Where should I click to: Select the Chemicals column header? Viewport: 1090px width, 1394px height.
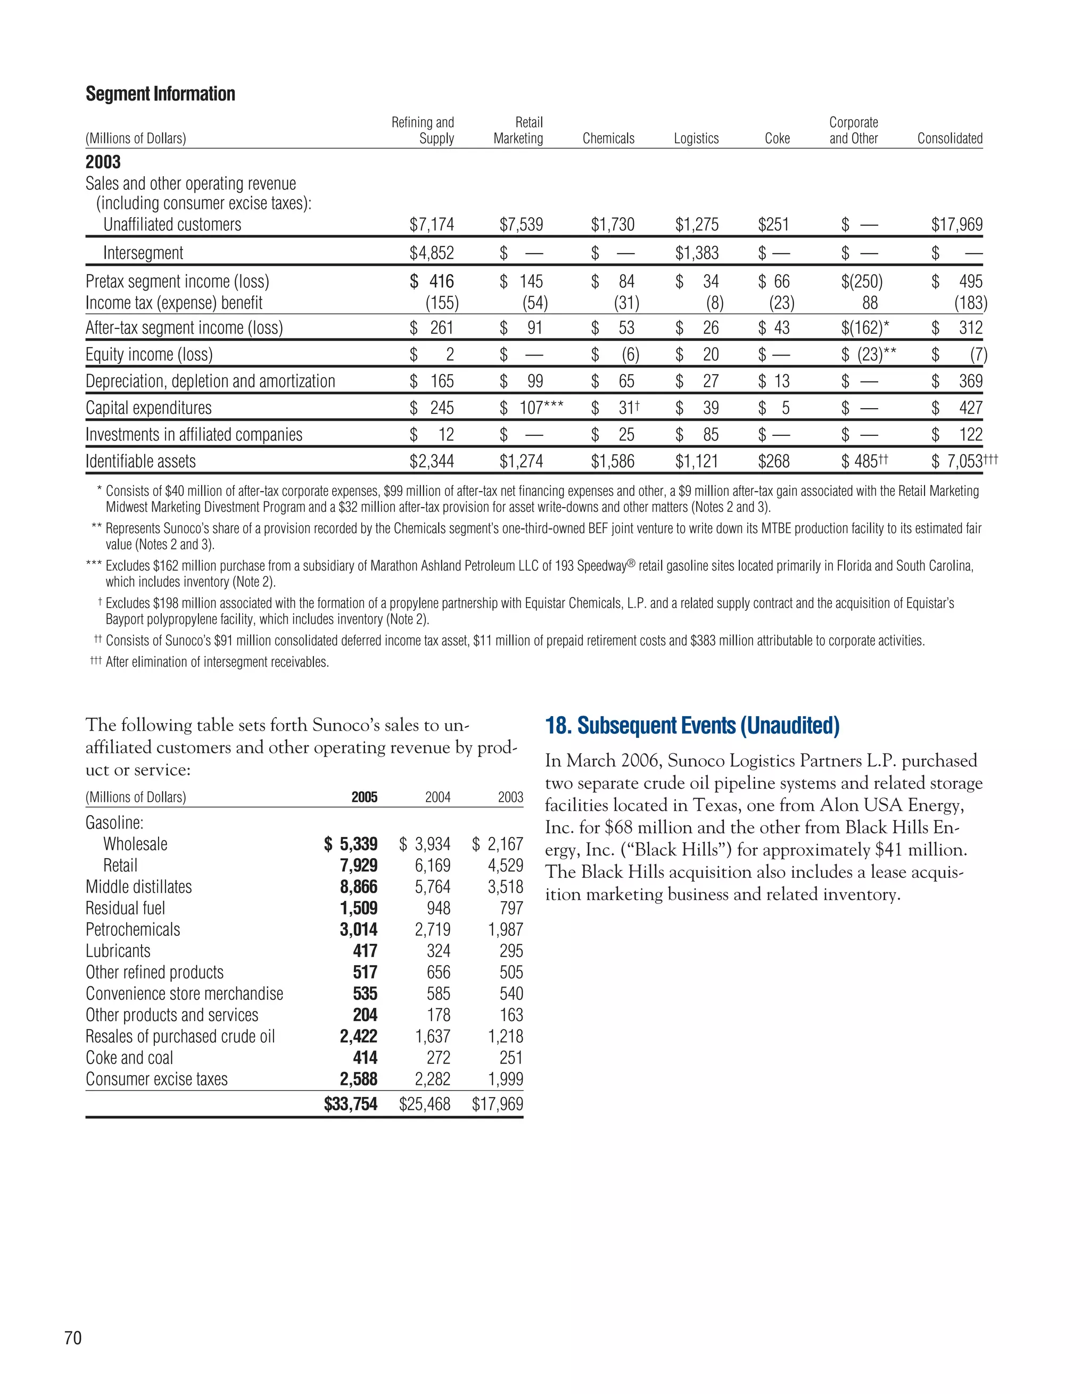pyautogui.click(x=608, y=138)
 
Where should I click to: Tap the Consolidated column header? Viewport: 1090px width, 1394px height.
pyautogui.click(x=949, y=138)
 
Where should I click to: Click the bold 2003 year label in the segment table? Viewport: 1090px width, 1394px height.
pyautogui.click(x=103, y=162)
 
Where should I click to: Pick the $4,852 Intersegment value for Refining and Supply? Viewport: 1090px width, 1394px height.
pyautogui.click(x=432, y=253)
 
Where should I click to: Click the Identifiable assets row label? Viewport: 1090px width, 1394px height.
pyautogui.click(x=141, y=461)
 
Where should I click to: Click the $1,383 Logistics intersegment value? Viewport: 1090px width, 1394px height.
pyautogui.click(x=697, y=253)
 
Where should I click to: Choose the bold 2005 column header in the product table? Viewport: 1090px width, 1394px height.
pyautogui.click(x=364, y=797)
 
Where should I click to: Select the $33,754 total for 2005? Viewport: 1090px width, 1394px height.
pyautogui.click(x=351, y=1104)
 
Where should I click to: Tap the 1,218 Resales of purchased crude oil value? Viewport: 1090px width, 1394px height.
pyautogui.click(x=505, y=1036)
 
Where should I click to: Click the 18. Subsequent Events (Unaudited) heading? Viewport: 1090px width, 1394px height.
pyautogui.click(x=692, y=726)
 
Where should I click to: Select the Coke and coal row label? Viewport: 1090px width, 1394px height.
pyautogui.click(x=129, y=1058)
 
